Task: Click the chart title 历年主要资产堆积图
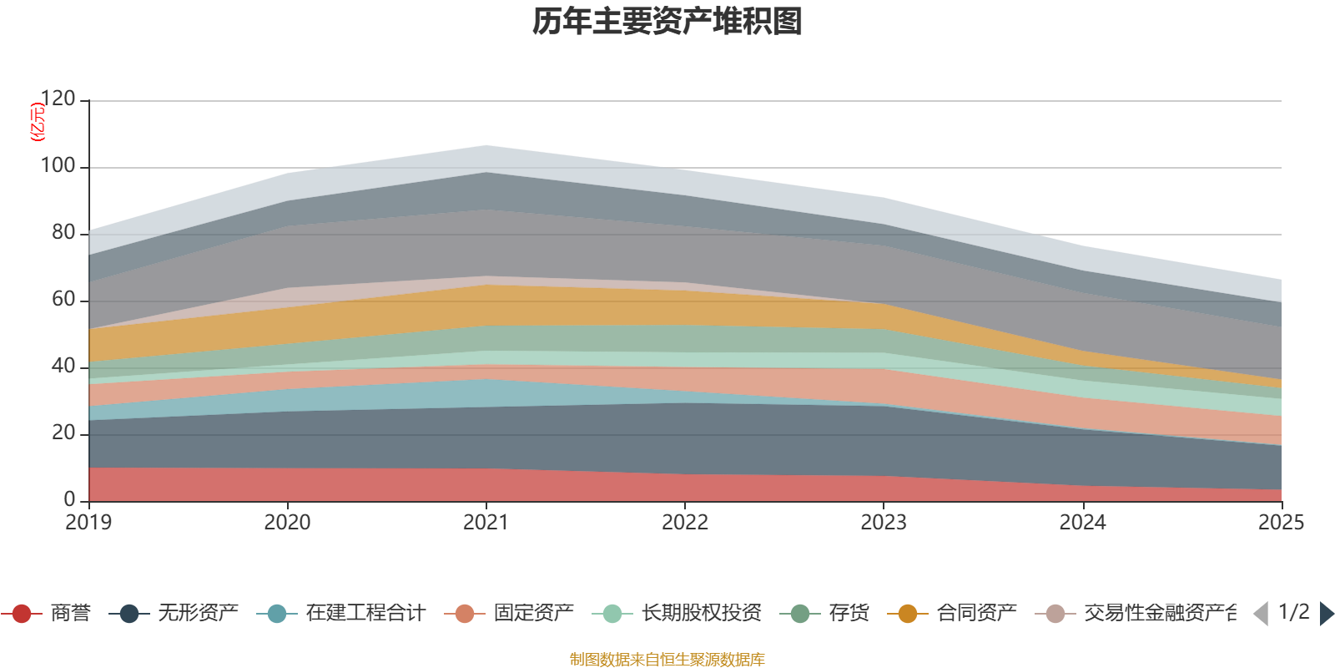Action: click(667, 22)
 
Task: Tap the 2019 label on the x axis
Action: click(89, 523)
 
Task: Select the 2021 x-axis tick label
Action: click(486, 523)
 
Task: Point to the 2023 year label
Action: click(884, 523)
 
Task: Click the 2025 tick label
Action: click(1281, 523)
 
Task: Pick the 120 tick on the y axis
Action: click(58, 99)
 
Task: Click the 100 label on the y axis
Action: click(58, 166)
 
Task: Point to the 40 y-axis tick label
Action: click(63, 367)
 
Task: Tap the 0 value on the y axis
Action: click(70, 500)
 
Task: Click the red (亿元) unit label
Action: click(37, 122)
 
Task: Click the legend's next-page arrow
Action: click(1326, 614)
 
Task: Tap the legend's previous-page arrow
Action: click(1261, 614)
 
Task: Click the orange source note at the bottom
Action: click(667, 660)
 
